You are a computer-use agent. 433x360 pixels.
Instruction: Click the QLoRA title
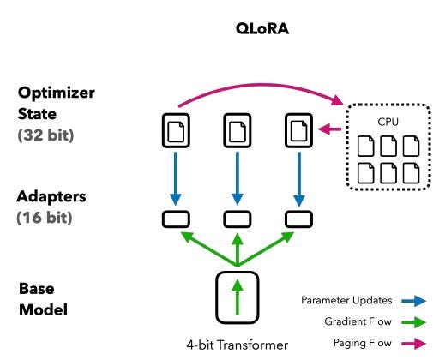pyautogui.click(x=262, y=29)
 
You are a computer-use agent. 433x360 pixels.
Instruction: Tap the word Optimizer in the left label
pyautogui.click(x=57, y=93)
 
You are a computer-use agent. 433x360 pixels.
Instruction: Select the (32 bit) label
pyautogui.click(x=45, y=135)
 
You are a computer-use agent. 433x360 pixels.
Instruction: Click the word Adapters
pyautogui.click(x=51, y=196)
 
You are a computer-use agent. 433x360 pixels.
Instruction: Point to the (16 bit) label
pyautogui.click(x=45, y=218)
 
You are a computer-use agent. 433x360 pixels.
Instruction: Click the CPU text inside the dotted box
pyautogui.click(x=388, y=122)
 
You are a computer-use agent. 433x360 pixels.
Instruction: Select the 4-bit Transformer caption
pyautogui.click(x=238, y=345)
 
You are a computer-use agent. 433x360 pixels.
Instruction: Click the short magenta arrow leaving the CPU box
pyautogui.click(x=329, y=129)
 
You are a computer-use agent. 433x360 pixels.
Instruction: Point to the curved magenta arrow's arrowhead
pyautogui.click(x=337, y=100)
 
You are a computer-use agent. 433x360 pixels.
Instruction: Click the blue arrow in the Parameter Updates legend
pyautogui.click(x=414, y=301)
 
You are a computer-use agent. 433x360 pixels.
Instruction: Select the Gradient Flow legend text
pyautogui.click(x=358, y=321)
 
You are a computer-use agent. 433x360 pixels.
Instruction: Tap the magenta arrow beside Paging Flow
pyautogui.click(x=414, y=344)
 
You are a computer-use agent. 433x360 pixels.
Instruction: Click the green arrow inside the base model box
pyautogui.click(x=238, y=297)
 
